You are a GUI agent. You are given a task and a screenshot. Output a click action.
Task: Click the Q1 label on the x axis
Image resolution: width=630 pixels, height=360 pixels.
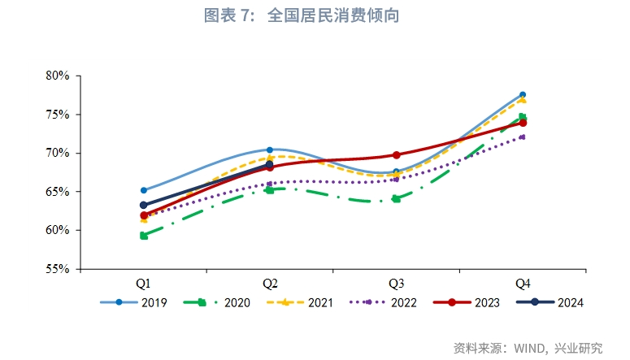coord(143,284)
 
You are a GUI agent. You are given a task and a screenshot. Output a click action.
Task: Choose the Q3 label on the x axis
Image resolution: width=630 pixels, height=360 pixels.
coord(396,284)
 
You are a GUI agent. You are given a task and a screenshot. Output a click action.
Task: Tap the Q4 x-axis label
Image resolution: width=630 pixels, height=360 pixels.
coord(523,284)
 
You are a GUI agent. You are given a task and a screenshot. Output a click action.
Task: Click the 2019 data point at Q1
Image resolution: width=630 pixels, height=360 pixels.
coord(144,190)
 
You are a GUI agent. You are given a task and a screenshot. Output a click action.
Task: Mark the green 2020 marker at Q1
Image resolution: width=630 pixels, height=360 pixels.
coord(144,236)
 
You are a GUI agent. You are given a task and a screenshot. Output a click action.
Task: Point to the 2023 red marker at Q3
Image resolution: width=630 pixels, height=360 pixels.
coord(397,154)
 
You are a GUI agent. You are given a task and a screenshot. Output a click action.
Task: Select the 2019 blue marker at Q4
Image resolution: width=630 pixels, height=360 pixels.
coord(523,95)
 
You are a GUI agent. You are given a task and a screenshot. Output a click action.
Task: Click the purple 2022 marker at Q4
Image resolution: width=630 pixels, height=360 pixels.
coord(523,137)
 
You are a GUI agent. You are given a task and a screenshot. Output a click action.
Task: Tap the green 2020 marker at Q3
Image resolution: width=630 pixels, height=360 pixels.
coord(397,198)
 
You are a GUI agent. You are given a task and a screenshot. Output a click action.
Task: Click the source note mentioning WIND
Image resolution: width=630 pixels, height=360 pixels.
coord(528,348)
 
